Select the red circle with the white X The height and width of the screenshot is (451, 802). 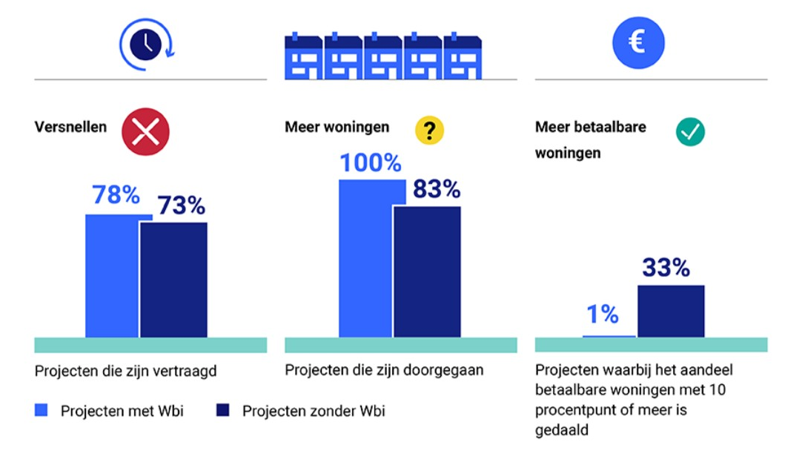145,132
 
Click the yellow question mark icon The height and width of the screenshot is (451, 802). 428,131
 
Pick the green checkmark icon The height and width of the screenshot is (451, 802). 690,132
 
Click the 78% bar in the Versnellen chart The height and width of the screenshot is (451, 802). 112,276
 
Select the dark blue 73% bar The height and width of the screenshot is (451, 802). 173,280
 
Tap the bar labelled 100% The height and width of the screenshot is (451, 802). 365,260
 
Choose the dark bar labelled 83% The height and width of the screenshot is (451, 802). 427,271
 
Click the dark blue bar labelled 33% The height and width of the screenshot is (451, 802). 671,311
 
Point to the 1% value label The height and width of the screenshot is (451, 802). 602,315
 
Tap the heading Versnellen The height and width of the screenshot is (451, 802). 70,127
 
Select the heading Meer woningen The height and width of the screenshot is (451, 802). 337,127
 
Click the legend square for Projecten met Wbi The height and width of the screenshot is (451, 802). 42,410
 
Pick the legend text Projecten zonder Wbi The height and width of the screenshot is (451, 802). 314,411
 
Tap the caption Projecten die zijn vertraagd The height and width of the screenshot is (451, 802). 125,371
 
